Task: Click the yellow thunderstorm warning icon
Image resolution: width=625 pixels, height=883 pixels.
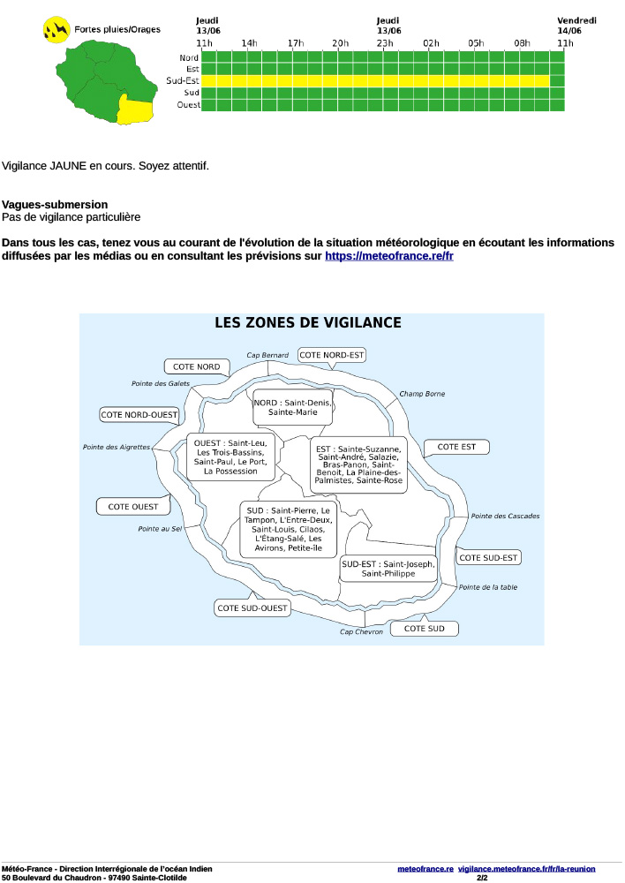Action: pos(56,29)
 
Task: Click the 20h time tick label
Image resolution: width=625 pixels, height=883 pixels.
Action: pos(340,43)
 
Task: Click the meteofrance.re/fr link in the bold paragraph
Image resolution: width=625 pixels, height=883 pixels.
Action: pos(388,256)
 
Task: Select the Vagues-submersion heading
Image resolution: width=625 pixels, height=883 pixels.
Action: pos(55,204)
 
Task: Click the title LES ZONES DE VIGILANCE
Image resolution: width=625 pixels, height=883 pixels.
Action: pos(308,323)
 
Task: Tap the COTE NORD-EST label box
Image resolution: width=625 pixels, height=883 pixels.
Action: pos(332,355)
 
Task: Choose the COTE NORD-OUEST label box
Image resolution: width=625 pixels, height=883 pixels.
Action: pos(139,414)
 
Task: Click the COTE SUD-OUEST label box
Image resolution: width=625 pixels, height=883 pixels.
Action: pos(252,608)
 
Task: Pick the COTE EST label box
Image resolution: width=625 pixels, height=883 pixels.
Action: pos(456,447)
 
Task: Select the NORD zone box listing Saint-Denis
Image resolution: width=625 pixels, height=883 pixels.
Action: pos(293,407)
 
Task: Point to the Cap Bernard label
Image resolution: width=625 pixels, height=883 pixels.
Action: pos(267,355)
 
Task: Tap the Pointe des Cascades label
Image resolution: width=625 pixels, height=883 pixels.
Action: pos(505,516)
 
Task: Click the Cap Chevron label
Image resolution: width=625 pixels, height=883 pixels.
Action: pos(362,631)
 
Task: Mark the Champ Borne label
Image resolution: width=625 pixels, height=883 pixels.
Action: pos(422,394)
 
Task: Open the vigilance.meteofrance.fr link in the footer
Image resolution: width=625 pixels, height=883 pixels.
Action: pos(526,869)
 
